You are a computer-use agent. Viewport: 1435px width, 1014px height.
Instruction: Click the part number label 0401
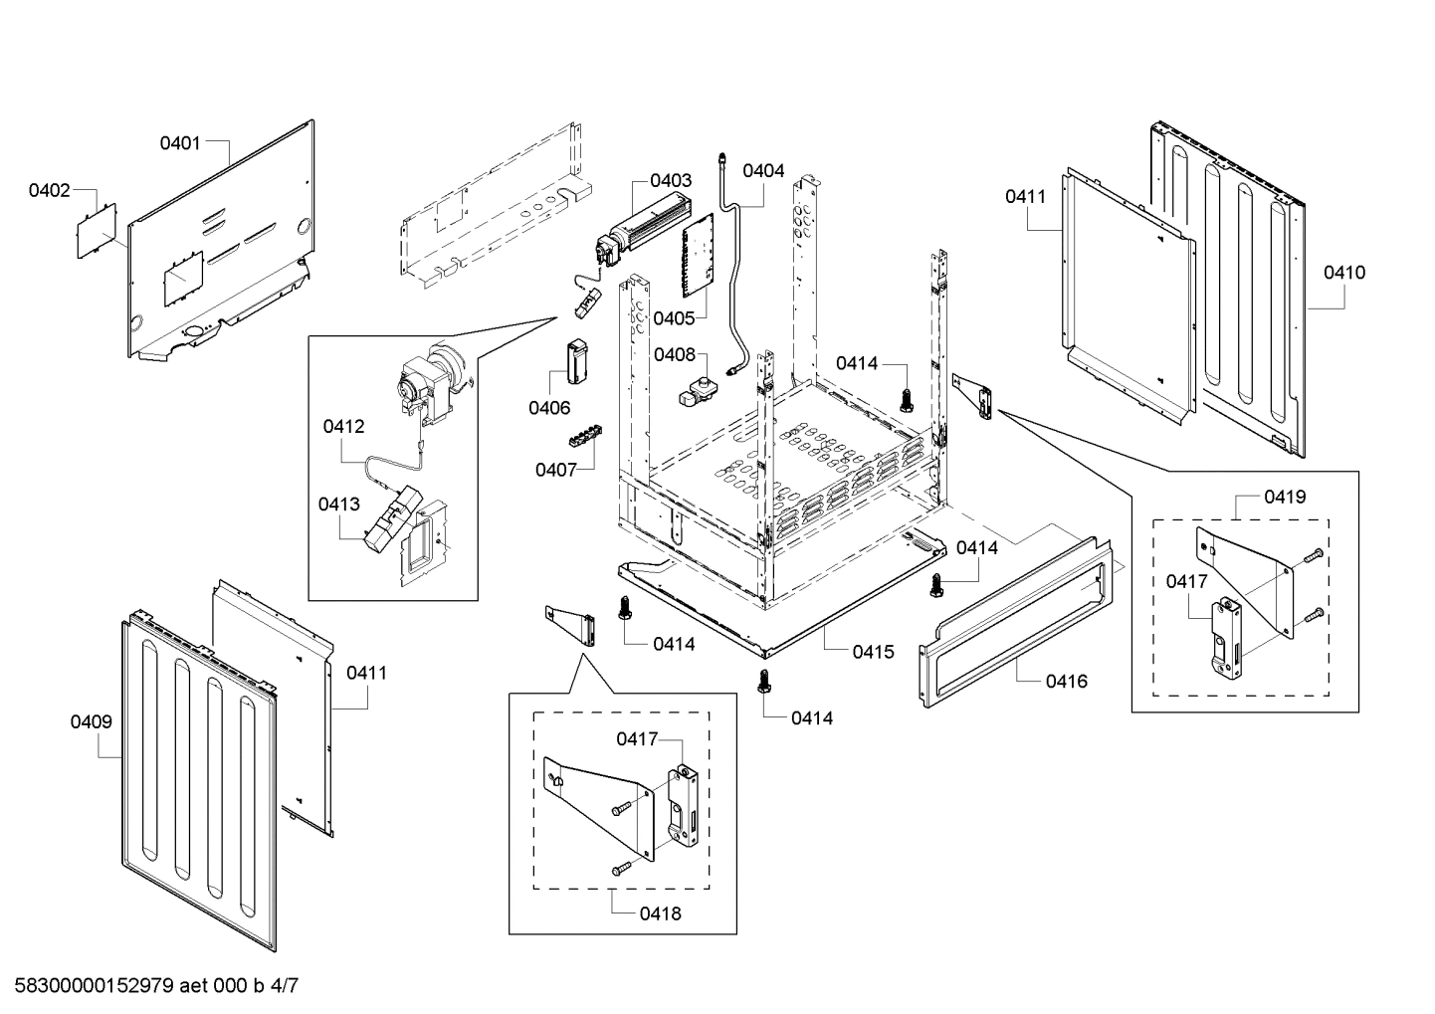pos(180,142)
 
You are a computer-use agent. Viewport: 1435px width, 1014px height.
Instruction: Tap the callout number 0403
pos(671,180)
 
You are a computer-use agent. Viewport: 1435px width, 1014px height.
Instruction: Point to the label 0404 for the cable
pos(763,170)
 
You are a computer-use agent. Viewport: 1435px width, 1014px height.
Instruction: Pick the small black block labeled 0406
pos(576,359)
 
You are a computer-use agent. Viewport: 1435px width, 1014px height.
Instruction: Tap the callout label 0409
pos(91,721)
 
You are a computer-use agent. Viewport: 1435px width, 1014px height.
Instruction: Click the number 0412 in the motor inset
pos(343,426)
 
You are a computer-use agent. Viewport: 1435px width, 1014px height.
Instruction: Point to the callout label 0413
pos(339,504)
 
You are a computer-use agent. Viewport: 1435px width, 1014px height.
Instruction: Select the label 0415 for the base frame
pos(873,652)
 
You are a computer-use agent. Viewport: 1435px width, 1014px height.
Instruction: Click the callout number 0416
pos(1066,681)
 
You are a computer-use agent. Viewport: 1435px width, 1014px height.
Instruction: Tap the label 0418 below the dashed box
pos(661,913)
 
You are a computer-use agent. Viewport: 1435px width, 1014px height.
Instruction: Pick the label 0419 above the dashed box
pos(1285,496)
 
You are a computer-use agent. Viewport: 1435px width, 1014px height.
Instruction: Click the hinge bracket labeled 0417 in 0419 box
pos(1224,637)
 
